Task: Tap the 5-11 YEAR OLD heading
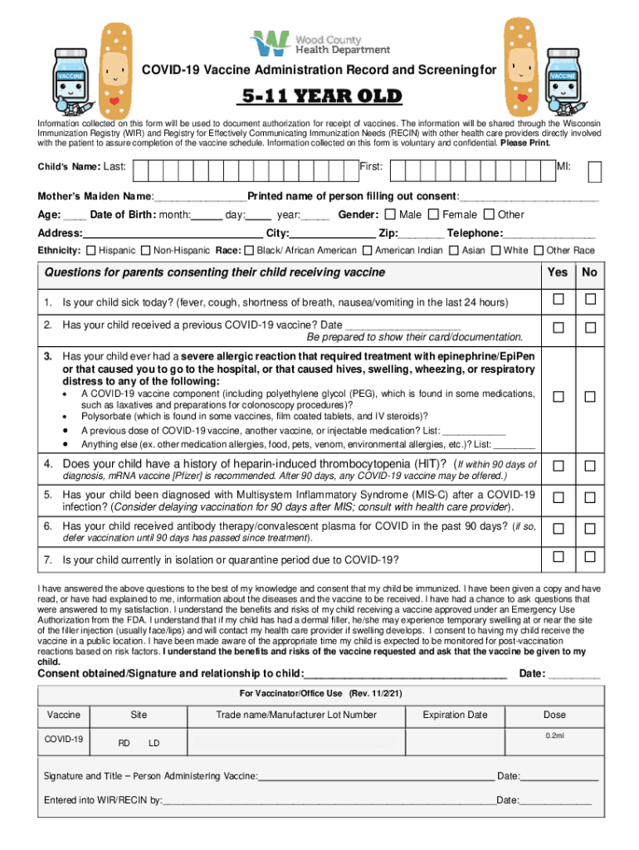point(320,96)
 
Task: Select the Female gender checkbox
point(434,215)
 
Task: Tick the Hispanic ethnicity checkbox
point(90,250)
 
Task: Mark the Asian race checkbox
point(454,250)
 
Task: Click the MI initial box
point(595,171)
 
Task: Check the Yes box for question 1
point(559,299)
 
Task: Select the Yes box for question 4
point(559,465)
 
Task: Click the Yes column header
point(559,272)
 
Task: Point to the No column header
point(590,272)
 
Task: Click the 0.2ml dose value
point(554,735)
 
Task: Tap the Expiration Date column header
point(455,715)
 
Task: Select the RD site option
point(124,743)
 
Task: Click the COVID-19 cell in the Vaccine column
point(65,739)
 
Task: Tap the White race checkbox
point(495,250)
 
